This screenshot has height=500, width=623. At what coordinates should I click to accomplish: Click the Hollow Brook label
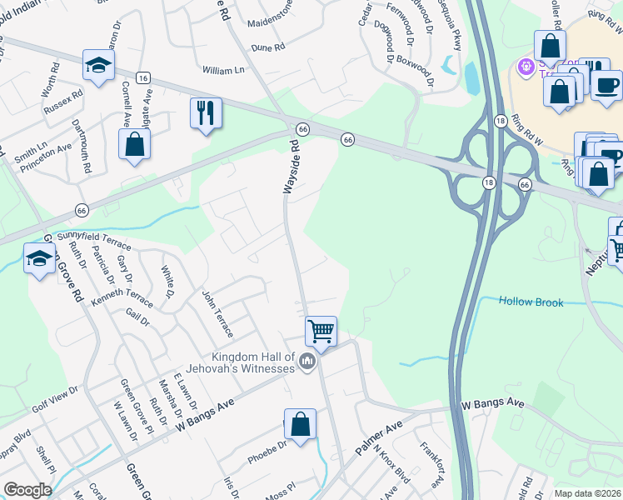[x=531, y=302]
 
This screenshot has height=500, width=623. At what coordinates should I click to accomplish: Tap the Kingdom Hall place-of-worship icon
[x=307, y=362]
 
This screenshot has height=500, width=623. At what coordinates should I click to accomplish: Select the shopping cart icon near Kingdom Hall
[x=321, y=332]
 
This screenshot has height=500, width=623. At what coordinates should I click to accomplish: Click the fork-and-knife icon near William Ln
[x=206, y=112]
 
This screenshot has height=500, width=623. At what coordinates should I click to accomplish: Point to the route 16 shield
[x=144, y=77]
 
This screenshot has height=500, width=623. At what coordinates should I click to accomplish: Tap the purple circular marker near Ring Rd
[x=526, y=65]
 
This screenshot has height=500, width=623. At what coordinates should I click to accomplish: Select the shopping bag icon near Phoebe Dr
[x=301, y=424]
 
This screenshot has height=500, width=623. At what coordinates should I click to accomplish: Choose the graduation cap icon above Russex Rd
[x=98, y=66]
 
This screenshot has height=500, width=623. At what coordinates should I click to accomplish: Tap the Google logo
[x=27, y=490]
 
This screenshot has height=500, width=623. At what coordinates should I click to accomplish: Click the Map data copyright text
[x=587, y=492]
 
